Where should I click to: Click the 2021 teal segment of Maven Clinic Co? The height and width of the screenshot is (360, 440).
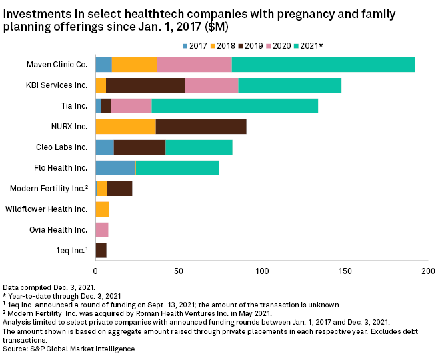pyautogui.click(x=323, y=65)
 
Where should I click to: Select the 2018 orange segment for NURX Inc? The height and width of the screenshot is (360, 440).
pyautogui.click(x=125, y=127)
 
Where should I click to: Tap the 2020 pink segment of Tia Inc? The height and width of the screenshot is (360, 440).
pyautogui.click(x=131, y=106)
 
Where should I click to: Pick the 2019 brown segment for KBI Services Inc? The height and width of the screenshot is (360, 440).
pyautogui.click(x=145, y=85)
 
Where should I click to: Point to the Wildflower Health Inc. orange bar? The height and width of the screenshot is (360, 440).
pyautogui.click(x=102, y=209)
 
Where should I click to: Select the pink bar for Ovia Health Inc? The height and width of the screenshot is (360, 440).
pyautogui.click(x=101, y=230)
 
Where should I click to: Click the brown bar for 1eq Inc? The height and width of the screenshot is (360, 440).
pyautogui.click(x=101, y=251)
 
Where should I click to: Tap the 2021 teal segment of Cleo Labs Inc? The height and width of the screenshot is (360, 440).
pyautogui.click(x=199, y=147)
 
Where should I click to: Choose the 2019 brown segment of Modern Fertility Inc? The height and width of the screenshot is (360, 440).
pyautogui.click(x=119, y=189)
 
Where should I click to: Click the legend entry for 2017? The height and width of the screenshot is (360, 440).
pyautogui.click(x=195, y=45)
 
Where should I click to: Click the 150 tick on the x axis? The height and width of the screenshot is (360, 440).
pyautogui.click(x=345, y=271)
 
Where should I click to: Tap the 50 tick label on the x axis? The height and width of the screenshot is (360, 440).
pyautogui.click(x=179, y=271)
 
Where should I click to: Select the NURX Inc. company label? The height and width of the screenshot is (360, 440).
pyautogui.click(x=70, y=127)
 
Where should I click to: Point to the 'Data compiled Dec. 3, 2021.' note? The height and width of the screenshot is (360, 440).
pyautogui.click(x=50, y=285)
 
